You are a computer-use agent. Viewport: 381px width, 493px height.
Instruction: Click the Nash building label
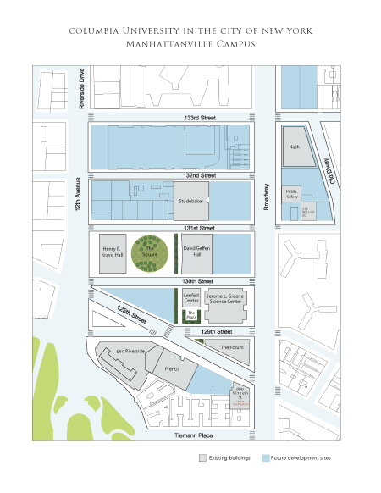pyautogui.click(x=294, y=147)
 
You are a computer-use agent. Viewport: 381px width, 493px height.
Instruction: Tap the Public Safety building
pyautogui.click(x=293, y=194)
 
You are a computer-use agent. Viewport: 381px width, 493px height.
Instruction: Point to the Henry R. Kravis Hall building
pyautogui.click(x=113, y=252)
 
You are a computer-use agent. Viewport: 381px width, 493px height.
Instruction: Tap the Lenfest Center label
pyautogui.click(x=191, y=298)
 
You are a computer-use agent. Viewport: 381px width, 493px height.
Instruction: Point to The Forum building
pyautogui.click(x=231, y=347)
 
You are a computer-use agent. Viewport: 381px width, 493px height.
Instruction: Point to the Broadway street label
pyautogui.click(x=266, y=202)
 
